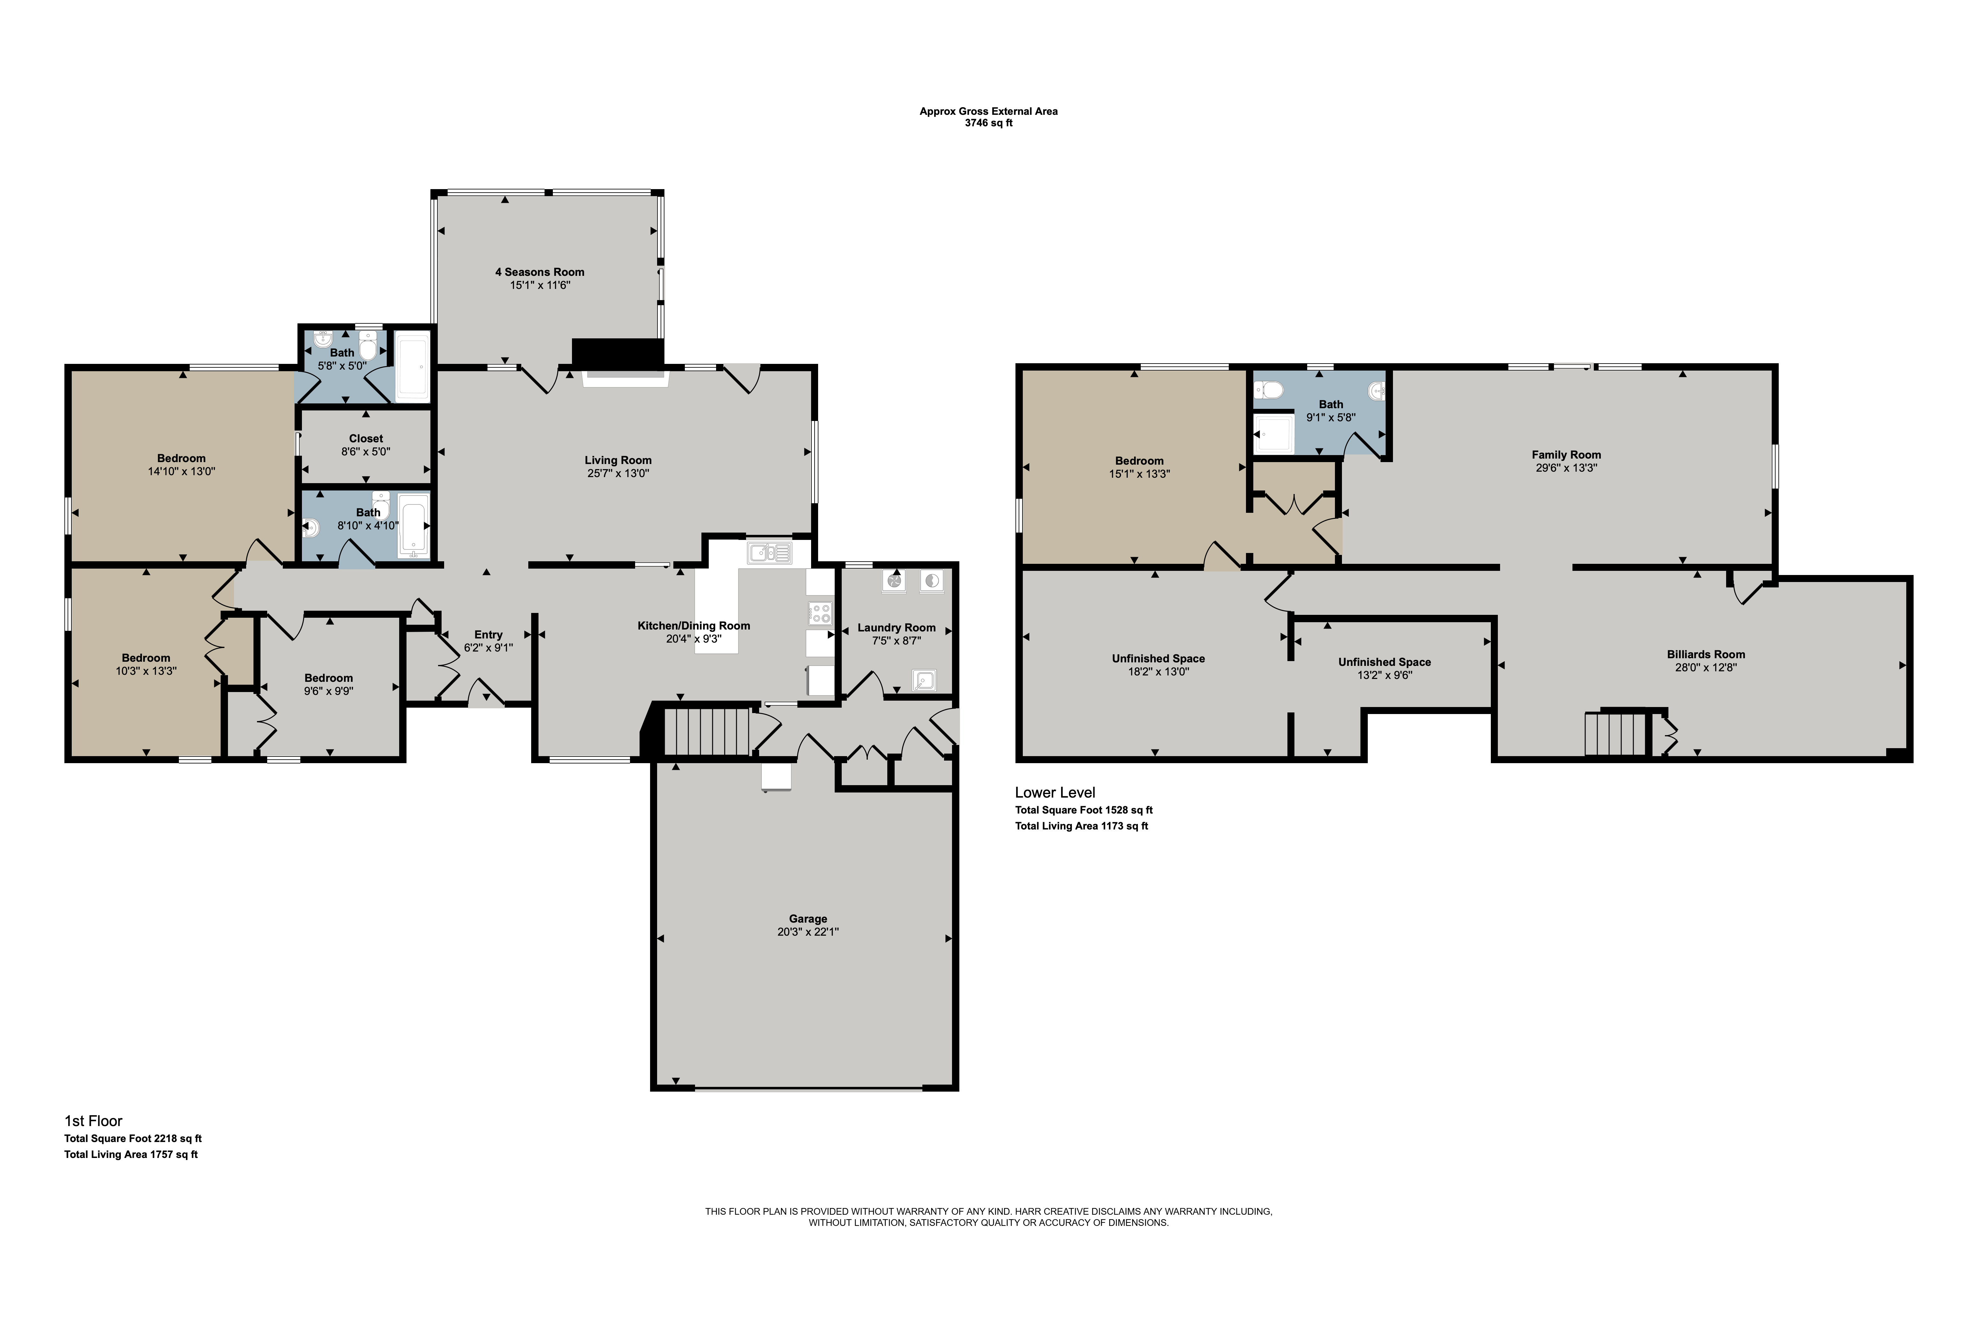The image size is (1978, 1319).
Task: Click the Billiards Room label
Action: pyautogui.click(x=1705, y=654)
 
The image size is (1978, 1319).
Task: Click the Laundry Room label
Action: pyautogui.click(x=897, y=628)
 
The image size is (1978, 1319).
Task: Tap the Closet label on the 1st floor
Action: pyautogui.click(x=366, y=438)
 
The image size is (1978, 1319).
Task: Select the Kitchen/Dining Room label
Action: pyautogui.click(x=694, y=625)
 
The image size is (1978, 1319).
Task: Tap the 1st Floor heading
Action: pyautogui.click(x=93, y=1120)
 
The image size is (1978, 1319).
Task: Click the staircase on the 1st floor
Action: pyautogui.click(x=707, y=732)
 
